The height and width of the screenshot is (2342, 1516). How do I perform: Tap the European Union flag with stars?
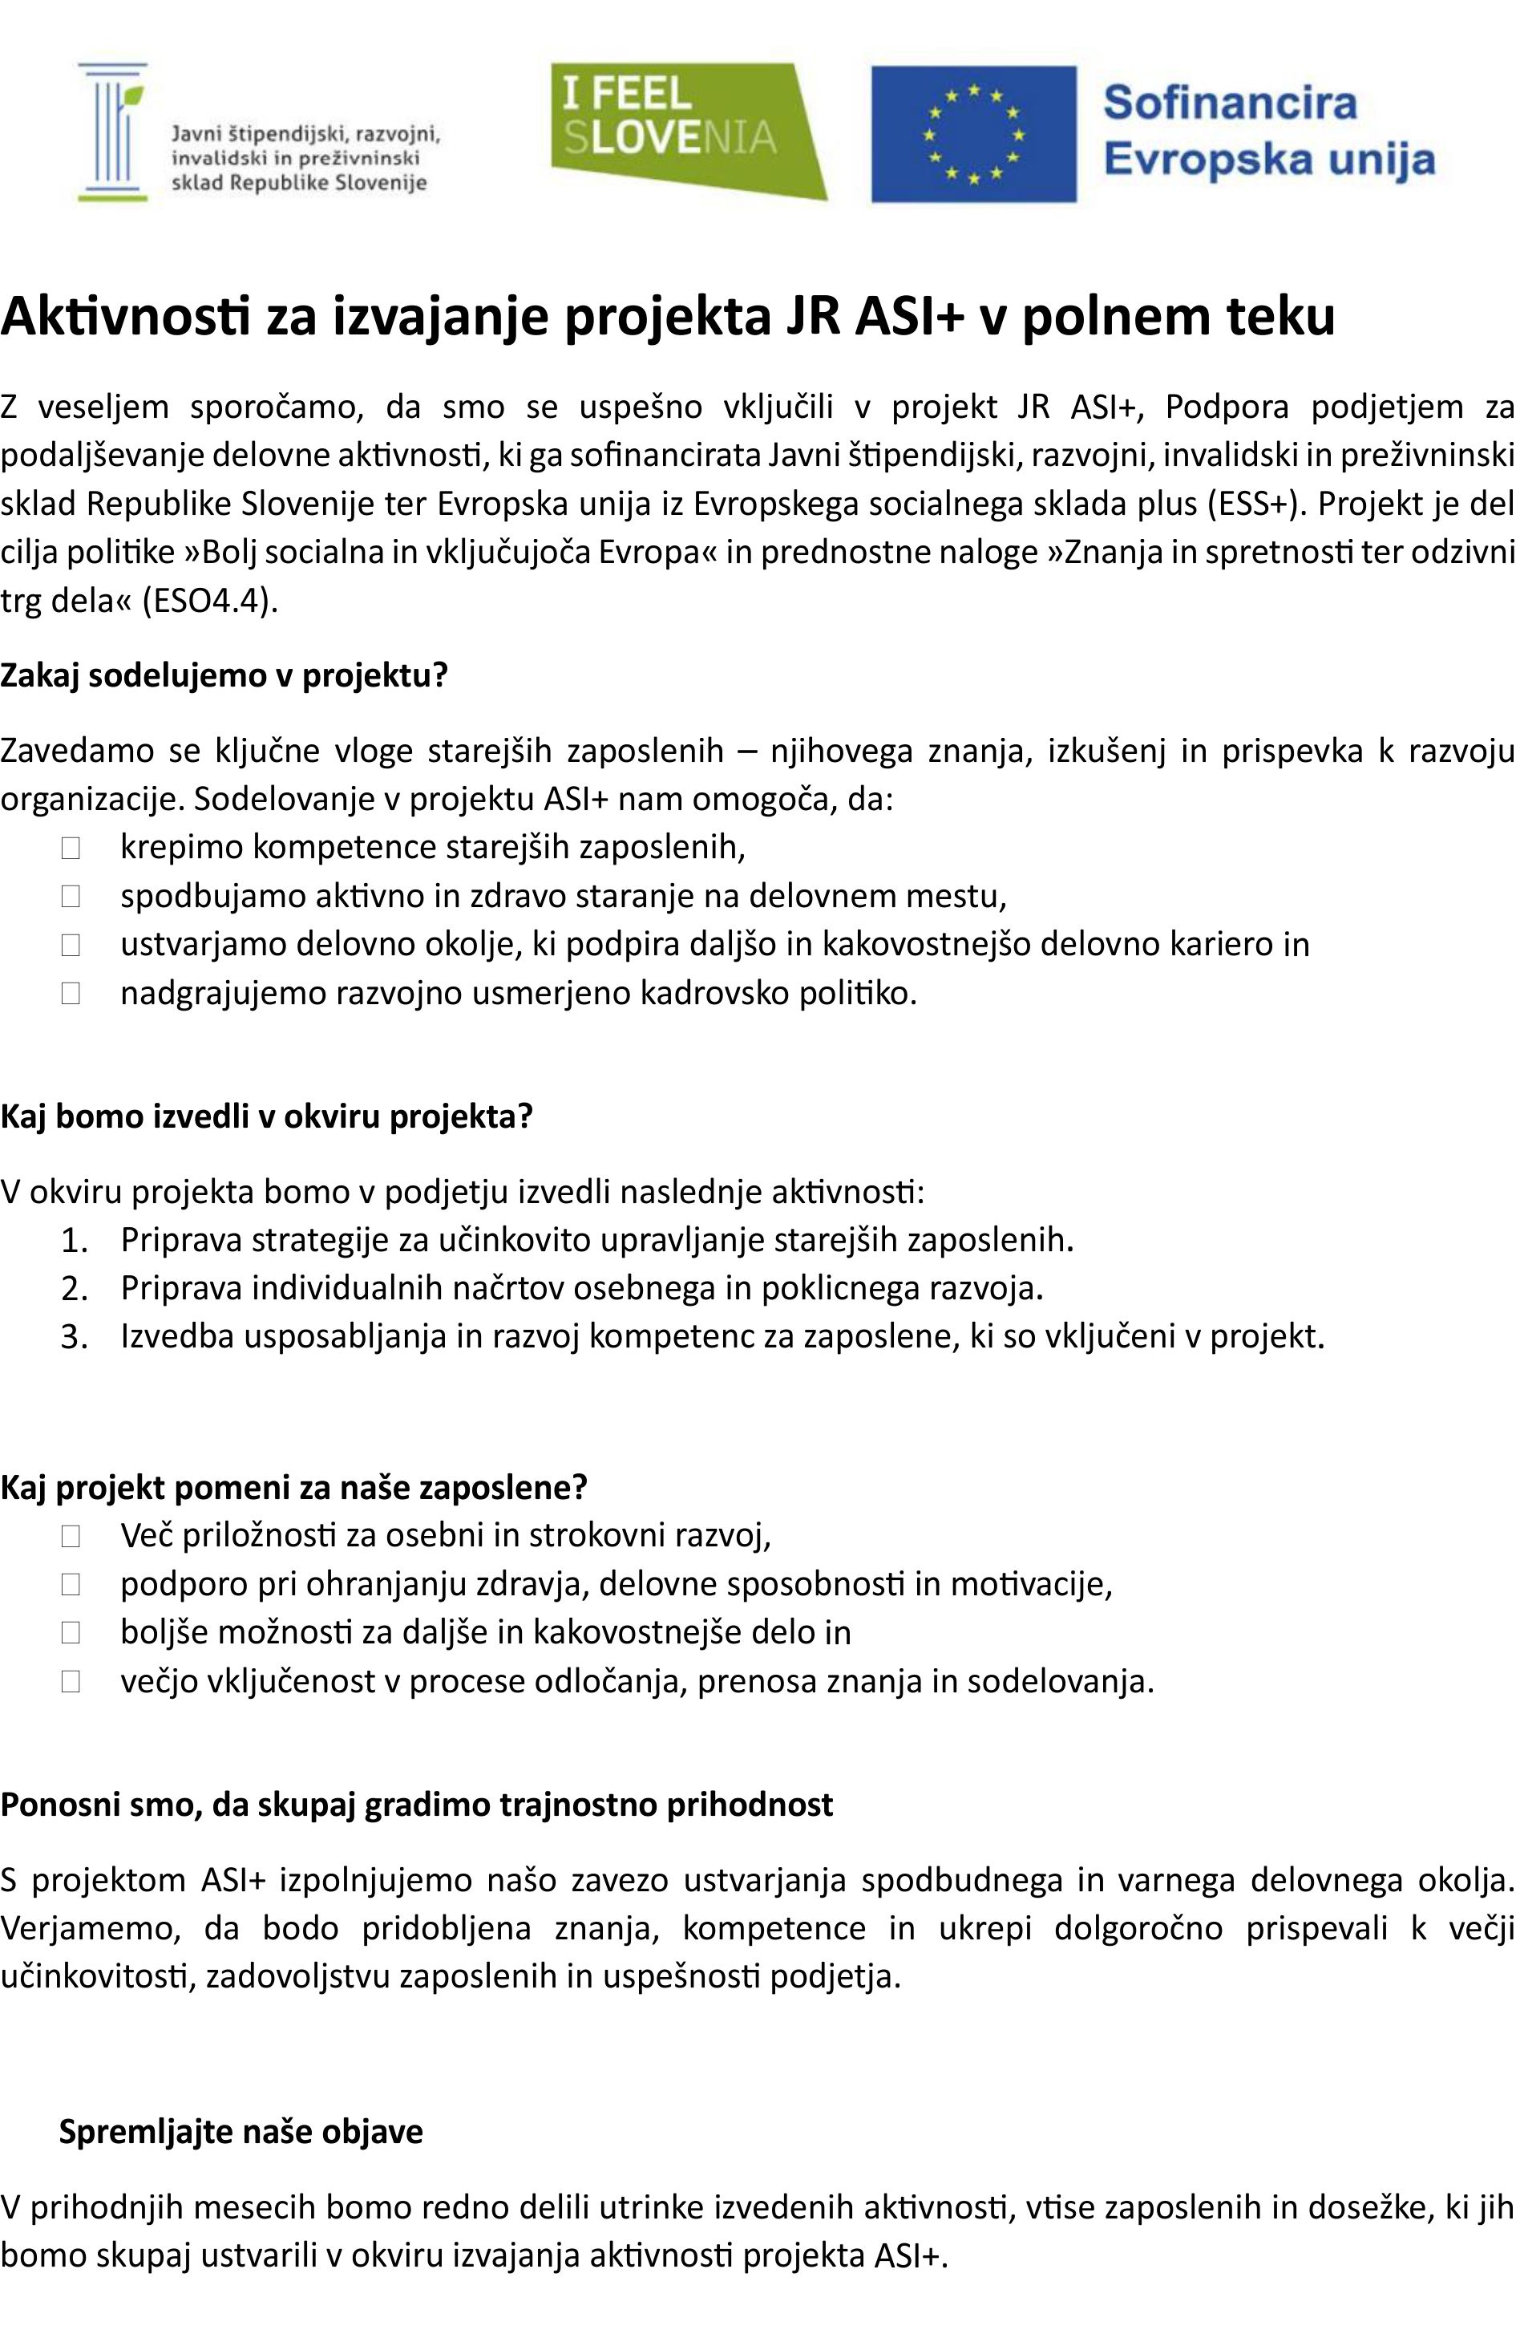point(973,134)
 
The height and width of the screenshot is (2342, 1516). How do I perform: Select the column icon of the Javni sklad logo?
point(113,132)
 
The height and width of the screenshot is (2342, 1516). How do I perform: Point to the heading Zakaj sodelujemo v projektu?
point(224,675)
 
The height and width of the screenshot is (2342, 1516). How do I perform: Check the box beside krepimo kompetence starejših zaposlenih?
point(70,847)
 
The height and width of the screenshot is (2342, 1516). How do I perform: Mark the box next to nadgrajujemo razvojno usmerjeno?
point(70,993)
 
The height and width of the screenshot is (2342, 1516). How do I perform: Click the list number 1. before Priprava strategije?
point(75,1241)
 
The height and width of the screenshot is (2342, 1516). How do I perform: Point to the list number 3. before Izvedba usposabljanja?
point(75,1337)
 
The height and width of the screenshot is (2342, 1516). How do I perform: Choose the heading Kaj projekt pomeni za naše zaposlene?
point(293,1486)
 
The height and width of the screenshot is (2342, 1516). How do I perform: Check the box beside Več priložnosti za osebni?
point(70,1535)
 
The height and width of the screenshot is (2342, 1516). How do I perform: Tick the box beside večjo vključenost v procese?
point(70,1681)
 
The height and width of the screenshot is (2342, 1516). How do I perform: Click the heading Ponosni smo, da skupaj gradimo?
point(416,1804)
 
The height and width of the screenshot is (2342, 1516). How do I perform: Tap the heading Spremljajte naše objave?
point(241,2130)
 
